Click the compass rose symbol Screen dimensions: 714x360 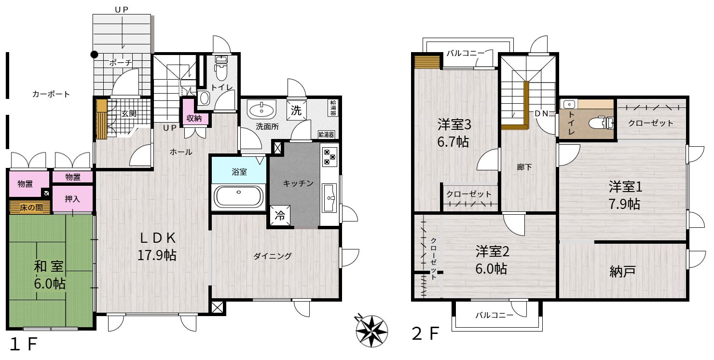tap(371, 331)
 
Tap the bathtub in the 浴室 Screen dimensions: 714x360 tap(238, 196)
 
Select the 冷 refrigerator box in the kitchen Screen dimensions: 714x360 tap(280, 216)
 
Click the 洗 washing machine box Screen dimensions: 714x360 tap(296, 111)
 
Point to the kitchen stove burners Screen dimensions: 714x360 tap(330, 156)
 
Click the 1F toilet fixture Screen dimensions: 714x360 tap(220, 68)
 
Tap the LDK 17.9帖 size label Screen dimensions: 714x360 tap(157, 255)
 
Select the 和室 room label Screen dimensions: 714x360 tap(49, 266)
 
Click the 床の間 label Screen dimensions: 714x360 tap(31, 208)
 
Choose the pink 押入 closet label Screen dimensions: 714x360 tap(72, 199)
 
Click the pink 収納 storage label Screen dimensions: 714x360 tap(194, 118)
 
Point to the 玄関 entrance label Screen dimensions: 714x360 tap(129, 113)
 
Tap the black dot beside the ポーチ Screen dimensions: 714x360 tap(94, 55)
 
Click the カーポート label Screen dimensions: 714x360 tap(51, 95)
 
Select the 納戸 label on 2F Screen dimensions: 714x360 tap(622, 271)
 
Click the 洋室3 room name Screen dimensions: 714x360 tap(454, 125)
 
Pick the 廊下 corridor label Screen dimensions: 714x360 tap(524, 167)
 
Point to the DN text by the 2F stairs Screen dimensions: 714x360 tap(541, 113)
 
